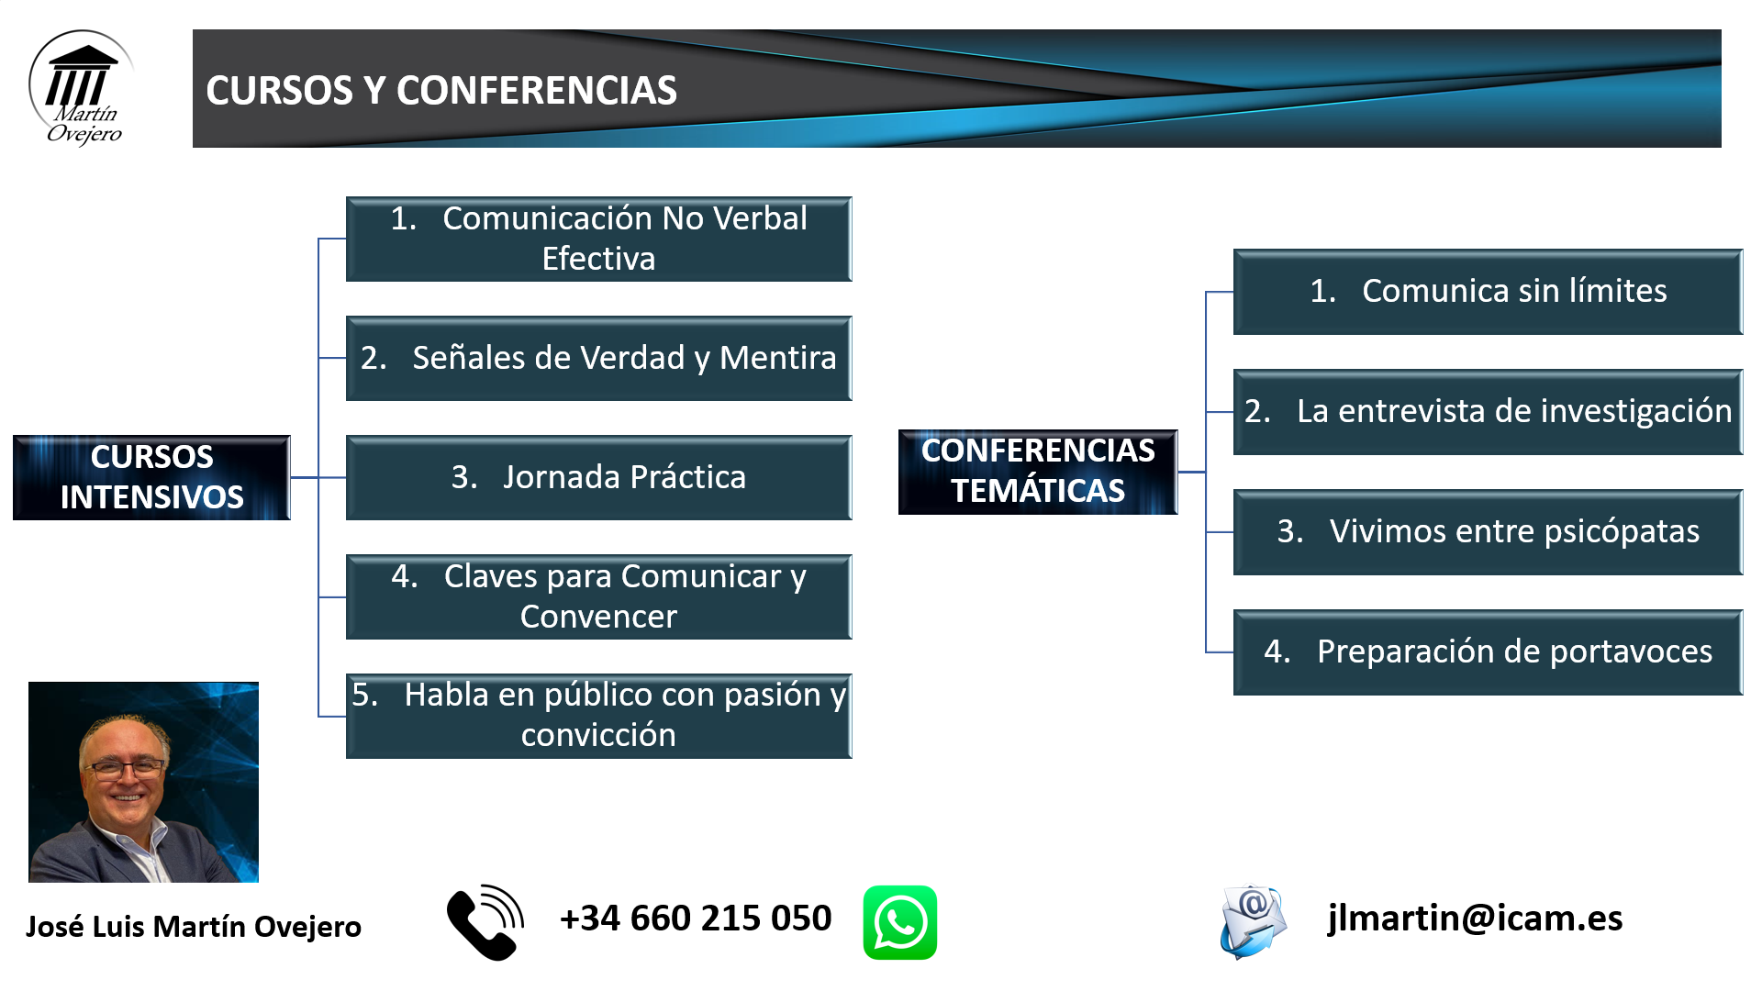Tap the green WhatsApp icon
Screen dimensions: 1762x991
click(x=899, y=922)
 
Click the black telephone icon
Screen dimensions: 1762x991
click(x=485, y=922)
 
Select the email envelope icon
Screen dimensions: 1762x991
click(x=1253, y=922)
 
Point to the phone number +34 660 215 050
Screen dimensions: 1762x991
click(x=696, y=919)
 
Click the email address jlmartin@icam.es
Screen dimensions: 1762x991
click(x=1475, y=919)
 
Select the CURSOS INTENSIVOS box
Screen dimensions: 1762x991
click(x=151, y=477)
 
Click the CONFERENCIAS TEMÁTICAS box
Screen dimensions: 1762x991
click(x=1038, y=472)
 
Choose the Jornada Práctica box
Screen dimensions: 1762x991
click(x=598, y=477)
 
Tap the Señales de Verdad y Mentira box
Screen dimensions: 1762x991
click(x=598, y=358)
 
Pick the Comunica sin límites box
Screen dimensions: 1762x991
click(x=1488, y=292)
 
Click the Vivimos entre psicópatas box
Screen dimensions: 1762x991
click(x=1488, y=532)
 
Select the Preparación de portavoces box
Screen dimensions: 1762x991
click(x=1488, y=652)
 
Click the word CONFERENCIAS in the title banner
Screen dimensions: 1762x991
click(x=537, y=90)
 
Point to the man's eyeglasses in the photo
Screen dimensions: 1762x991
click(x=124, y=769)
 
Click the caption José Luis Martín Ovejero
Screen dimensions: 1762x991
click(x=194, y=927)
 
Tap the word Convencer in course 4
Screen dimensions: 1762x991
click(x=598, y=617)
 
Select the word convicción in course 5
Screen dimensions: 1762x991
click(x=598, y=735)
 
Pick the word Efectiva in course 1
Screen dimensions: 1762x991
click(x=598, y=259)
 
